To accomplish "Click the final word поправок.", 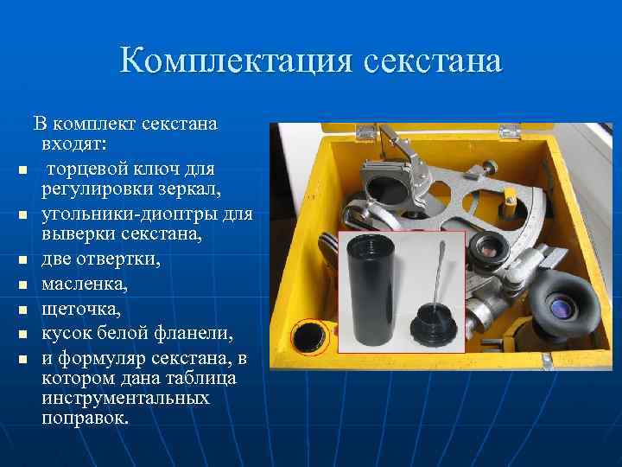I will point(85,419).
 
